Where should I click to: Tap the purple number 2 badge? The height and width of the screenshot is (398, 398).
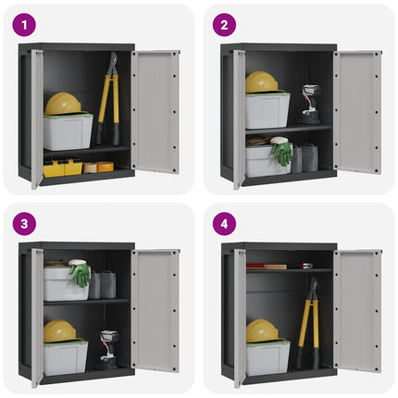click(223, 25)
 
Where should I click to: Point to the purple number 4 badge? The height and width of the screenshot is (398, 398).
click(223, 225)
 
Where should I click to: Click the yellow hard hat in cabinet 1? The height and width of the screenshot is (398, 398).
click(63, 103)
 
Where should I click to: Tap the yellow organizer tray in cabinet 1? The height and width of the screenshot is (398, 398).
click(62, 168)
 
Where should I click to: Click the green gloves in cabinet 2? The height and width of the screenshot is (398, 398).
click(281, 152)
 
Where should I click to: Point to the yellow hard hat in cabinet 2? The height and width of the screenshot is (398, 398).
click(262, 82)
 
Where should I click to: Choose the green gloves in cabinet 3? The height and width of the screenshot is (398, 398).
click(81, 274)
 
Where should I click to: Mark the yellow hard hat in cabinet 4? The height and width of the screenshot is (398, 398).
click(262, 330)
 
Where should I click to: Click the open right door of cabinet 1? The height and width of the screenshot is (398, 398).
click(155, 111)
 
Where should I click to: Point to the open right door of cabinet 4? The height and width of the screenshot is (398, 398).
click(357, 310)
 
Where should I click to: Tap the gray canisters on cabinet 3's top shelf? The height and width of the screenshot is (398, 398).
click(104, 285)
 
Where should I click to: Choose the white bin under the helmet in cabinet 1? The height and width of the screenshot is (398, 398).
click(68, 131)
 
